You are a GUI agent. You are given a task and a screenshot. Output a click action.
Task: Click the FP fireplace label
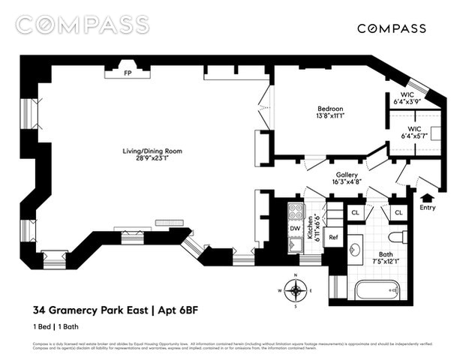pos(128,74)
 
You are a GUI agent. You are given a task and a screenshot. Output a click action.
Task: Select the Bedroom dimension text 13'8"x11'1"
pos(329,117)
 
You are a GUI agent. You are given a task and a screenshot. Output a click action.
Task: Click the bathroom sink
pos(356,249)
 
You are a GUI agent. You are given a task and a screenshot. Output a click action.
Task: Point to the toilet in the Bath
pos(401,238)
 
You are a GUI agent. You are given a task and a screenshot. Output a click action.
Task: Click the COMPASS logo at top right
pos(391,28)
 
